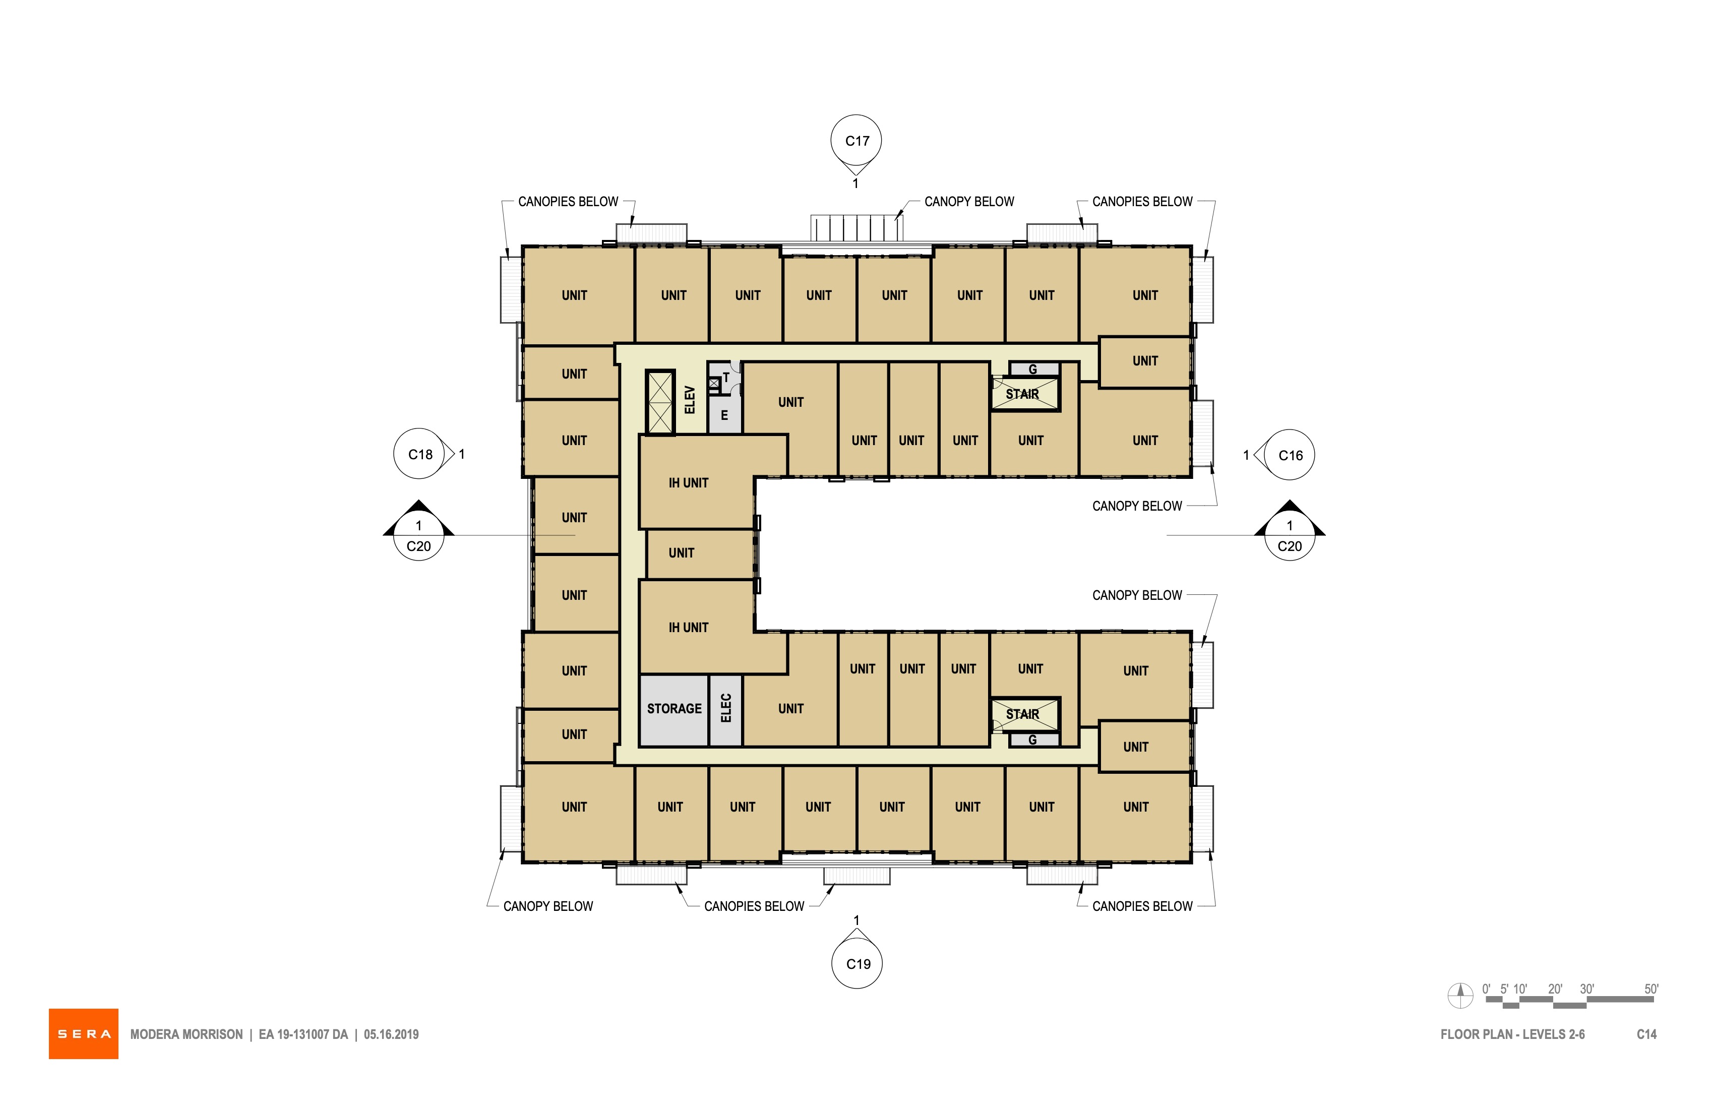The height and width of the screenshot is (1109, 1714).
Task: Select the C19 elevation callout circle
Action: point(857,963)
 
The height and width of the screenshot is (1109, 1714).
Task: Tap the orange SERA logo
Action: point(84,1033)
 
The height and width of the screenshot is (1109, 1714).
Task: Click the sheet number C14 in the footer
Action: point(1646,1034)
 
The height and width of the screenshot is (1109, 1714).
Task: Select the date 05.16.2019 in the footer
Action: point(391,1034)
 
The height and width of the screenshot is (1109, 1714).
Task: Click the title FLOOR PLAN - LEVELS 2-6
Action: point(1512,1034)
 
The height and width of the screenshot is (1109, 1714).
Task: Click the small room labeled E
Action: point(724,415)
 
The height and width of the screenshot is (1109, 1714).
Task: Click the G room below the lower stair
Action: point(1033,740)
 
